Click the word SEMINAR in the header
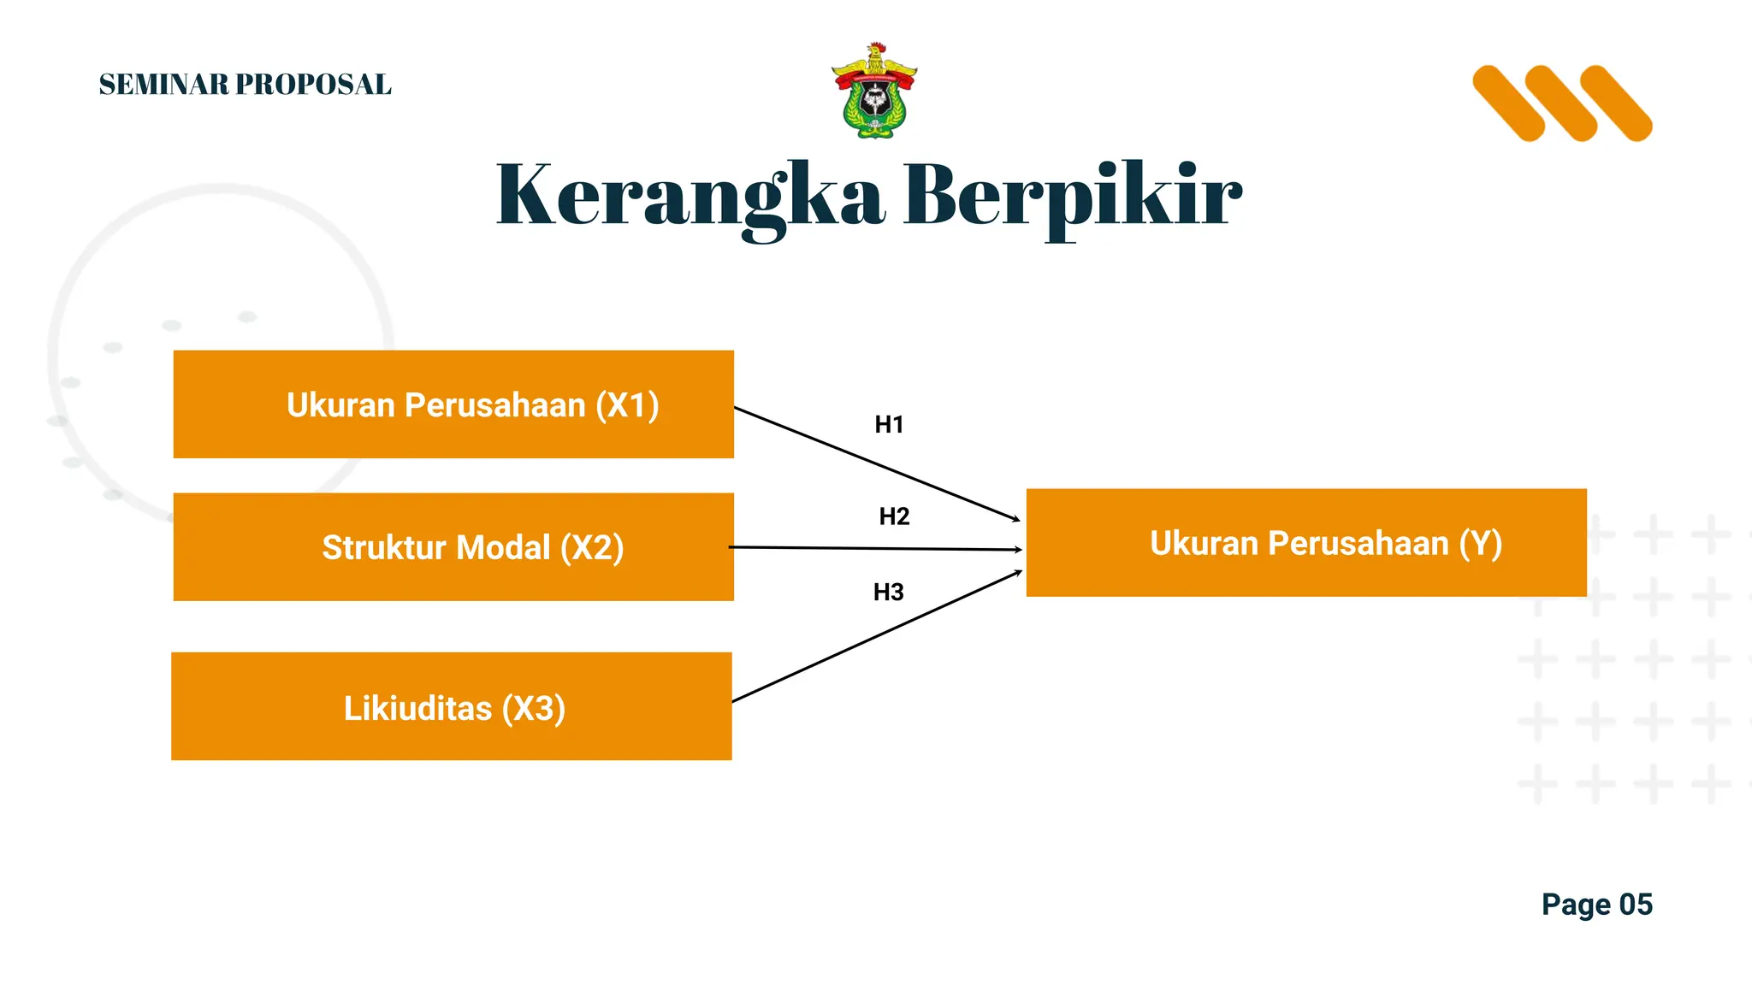[164, 85]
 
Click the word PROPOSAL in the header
[313, 85]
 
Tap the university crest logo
[874, 91]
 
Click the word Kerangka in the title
[690, 197]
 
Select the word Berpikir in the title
[1073, 197]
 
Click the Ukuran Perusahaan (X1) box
[453, 404]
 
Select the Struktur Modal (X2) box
[453, 547]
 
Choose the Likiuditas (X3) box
[452, 706]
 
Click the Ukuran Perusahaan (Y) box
[1306, 543]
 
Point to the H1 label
[889, 425]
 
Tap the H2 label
[894, 516]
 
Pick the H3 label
[888, 592]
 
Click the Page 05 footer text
[1596, 905]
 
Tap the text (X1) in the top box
[627, 405]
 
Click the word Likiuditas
[417, 709]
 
